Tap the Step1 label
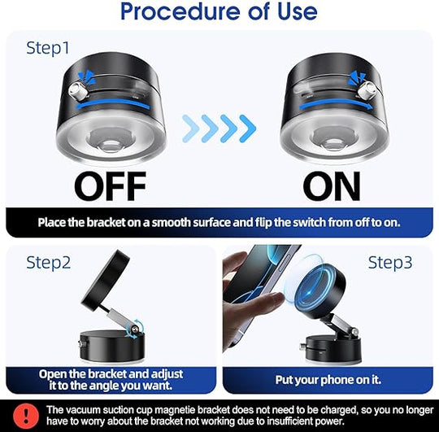click(49, 48)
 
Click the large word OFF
click(111, 186)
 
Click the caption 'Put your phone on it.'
click(329, 378)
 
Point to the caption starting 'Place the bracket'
click(220, 221)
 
